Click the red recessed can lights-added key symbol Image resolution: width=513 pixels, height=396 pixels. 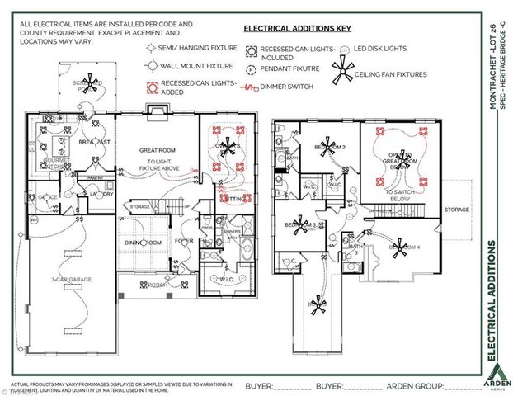(x=152, y=84)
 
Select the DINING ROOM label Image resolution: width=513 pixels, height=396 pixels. (x=142, y=243)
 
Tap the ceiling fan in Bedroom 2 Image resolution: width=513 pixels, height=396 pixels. (x=330, y=148)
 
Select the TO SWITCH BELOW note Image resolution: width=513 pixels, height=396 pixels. (x=402, y=195)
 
